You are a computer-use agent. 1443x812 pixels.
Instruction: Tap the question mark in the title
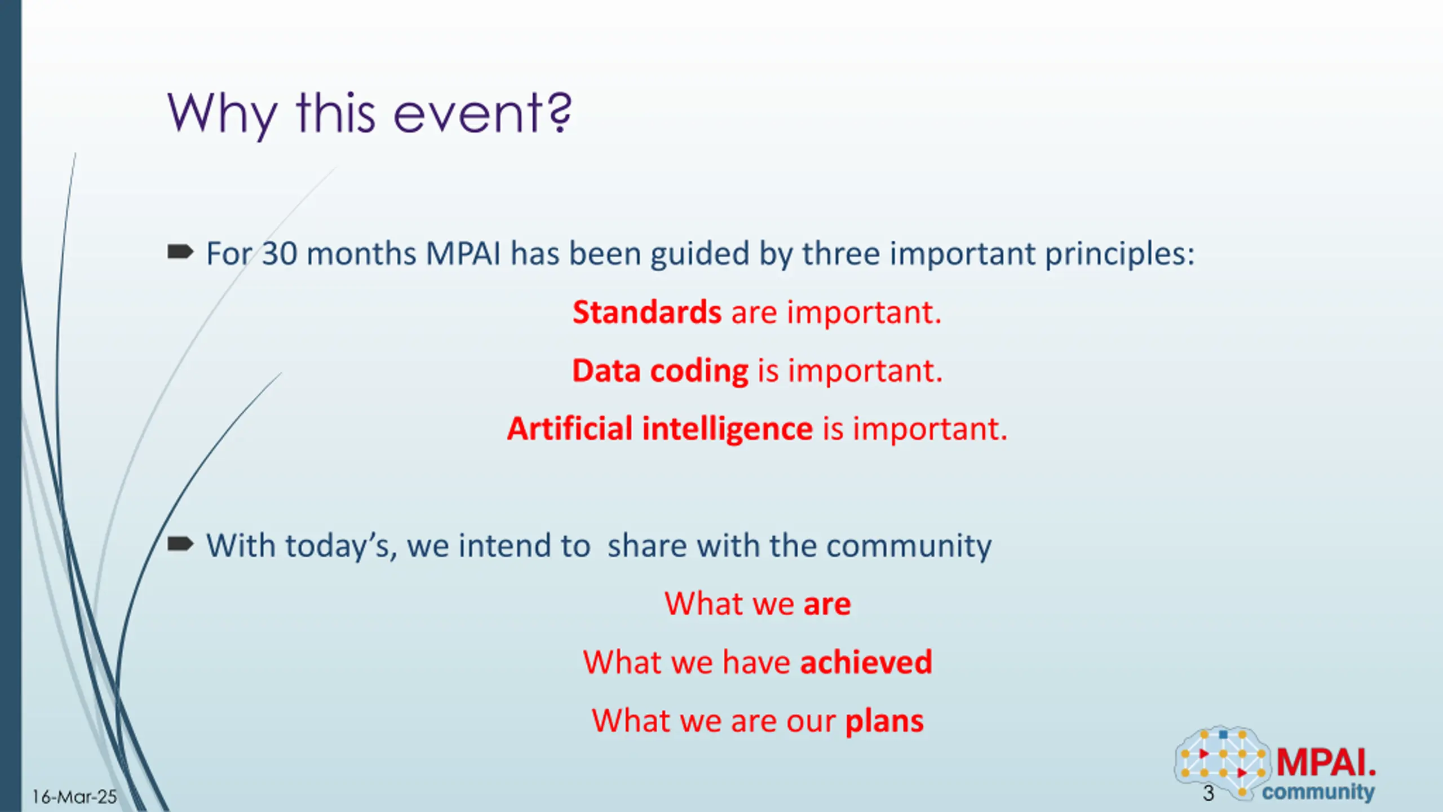(x=560, y=113)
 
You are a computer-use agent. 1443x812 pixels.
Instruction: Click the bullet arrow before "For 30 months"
(x=180, y=251)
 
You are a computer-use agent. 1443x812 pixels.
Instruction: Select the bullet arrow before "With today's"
(x=180, y=544)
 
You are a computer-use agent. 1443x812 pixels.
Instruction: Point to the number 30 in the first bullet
(x=280, y=254)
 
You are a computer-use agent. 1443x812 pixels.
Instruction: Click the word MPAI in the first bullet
(x=463, y=254)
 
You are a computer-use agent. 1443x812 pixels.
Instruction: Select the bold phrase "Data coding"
(x=660, y=371)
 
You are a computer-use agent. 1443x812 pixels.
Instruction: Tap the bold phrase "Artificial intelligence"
(x=660, y=429)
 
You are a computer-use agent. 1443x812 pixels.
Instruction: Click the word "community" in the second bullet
(x=909, y=546)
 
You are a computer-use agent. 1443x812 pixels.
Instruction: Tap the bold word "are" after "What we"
(x=827, y=604)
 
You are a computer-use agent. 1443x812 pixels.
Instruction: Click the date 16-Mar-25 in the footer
(x=74, y=797)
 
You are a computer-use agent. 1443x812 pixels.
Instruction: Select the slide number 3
(x=1208, y=793)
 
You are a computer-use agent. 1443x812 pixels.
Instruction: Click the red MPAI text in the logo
(x=1326, y=762)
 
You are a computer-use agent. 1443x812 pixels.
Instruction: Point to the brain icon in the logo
(x=1223, y=762)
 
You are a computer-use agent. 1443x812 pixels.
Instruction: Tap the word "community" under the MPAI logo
(x=1318, y=792)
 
